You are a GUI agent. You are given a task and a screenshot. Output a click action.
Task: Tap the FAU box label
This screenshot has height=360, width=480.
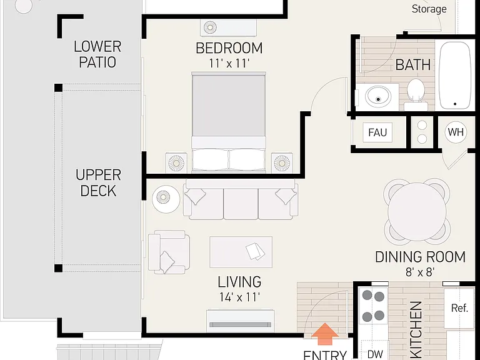point(377,132)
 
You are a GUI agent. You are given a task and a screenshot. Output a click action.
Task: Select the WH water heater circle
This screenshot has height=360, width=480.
point(456,132)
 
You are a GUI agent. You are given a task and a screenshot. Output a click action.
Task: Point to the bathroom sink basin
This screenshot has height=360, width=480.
point(378,96)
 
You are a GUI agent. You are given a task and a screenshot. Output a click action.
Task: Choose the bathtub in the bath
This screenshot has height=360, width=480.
point(454,75)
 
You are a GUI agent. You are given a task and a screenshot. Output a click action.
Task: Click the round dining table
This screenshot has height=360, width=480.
point(417,211)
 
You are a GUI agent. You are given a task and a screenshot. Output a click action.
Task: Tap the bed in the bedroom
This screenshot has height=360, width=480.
point(229,122)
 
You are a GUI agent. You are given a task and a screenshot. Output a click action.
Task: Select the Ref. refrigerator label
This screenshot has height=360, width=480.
point(459,307)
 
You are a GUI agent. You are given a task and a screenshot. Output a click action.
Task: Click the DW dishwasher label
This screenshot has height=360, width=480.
point(375,354)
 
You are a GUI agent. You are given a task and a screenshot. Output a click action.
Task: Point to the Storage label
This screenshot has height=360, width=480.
point(429,9)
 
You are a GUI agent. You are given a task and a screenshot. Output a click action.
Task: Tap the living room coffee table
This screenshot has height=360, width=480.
point(241,252)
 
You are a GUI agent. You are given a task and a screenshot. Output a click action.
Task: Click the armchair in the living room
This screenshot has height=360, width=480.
point(168,252)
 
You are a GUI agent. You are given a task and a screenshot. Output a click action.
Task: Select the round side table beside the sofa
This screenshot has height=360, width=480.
point(166,199)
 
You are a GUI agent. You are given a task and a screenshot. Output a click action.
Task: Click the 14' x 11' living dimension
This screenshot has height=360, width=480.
point(239,297)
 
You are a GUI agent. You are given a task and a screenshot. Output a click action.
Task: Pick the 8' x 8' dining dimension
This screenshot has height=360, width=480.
point(420,272)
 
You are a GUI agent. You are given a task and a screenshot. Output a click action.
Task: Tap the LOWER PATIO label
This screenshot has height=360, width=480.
point(97,54)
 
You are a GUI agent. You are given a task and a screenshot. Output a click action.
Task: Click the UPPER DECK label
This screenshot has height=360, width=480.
point(98,182)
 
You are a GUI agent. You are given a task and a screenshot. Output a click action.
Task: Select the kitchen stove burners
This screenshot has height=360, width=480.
point(373,306)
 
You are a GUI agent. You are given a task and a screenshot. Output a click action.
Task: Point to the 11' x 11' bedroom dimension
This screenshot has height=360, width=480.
point(229,63)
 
